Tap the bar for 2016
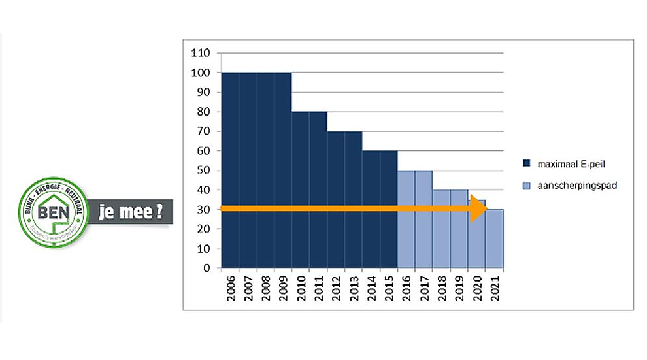(406, 219)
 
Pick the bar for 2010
(301, 189)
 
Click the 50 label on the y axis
(204, 171)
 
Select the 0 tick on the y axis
(207, 268)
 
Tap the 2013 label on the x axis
(354, 287)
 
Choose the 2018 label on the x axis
(442, 287)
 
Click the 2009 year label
(283, 287)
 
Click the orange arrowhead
(479, 209)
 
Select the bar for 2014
(371, 209)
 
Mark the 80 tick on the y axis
(204, 112)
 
